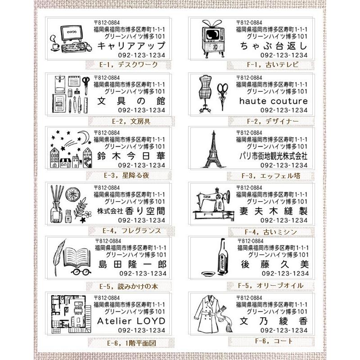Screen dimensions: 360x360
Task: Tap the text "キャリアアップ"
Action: coord(131,46)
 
